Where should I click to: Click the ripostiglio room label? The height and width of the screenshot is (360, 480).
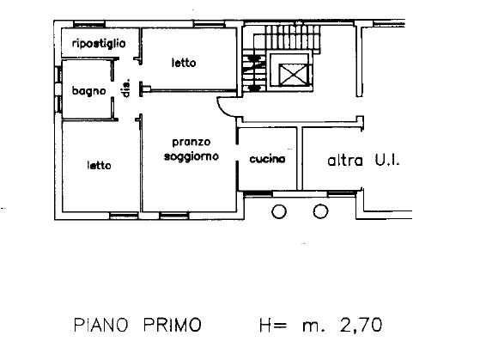click(x=99, y=44)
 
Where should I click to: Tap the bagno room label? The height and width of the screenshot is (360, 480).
click(x=88, y=91)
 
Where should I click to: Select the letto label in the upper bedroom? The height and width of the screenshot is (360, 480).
click(x=184, y=63)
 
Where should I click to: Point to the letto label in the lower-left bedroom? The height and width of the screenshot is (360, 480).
click(x=99, y=166)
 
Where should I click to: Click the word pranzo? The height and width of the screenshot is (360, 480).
click(x=191, y=143)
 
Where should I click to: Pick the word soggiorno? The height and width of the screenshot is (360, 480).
click(x=191, y=156)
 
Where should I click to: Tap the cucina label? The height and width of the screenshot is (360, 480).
click(x=267, y=159)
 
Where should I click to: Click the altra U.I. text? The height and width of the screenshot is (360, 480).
click(x=363, y=160)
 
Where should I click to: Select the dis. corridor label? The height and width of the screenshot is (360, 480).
click(x=126, y=88)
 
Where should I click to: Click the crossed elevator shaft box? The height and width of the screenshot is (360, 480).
click(x=294, y=74)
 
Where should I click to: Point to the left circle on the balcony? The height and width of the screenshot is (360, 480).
click(x=279, y=211)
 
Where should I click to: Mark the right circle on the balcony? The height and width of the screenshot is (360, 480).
click(x=320, y=211)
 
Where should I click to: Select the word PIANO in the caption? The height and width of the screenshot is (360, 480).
click(x=100, y=325)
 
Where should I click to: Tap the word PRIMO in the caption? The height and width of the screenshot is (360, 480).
click(x=173, y=325)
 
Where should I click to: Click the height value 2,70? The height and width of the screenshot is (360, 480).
click(x=361, y=325)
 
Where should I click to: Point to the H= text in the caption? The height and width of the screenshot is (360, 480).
click(x=273, y=325)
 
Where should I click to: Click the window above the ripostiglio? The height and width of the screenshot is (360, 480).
click(x=89, y=24)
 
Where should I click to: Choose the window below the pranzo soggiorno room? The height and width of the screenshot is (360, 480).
click(x=173, y=216)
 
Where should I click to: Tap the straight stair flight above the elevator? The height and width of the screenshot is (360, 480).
click(x=292, y=38)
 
